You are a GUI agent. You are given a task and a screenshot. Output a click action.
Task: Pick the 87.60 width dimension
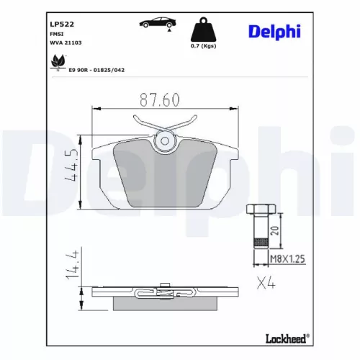coord(159,100)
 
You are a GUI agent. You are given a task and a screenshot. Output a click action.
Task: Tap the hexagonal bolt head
coord(258,210)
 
